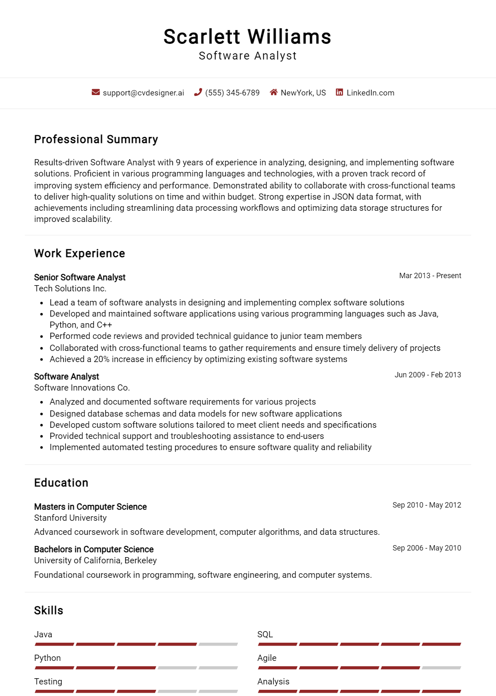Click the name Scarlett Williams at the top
click(247, 37)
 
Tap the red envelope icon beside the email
click(95, 92)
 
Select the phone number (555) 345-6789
click(232, 93)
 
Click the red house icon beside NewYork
click(274, 92)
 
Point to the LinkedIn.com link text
click(370, 93)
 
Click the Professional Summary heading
click(96, 139)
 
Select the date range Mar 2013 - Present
click(430, 276)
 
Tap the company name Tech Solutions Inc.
click(70, 288)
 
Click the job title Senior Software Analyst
click(80, 277)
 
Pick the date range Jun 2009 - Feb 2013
click(427, 375)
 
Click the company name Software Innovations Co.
click(82, 388)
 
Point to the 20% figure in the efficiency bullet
click(101, 359)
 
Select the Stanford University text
click(70, 518)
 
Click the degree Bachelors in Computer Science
click(94, 549)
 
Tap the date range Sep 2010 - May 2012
click(427, 505)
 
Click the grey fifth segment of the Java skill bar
click(218, 644)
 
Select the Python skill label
click(48, 658)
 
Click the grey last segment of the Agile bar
click(441, 668)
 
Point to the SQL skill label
click(265, 634)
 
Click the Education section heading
click(61, 483)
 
